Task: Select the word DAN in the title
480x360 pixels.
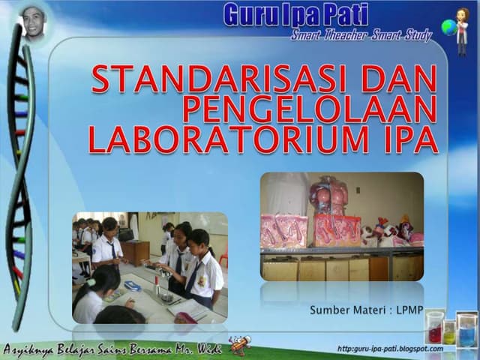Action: (398, 79)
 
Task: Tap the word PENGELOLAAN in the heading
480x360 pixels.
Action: (309, 109)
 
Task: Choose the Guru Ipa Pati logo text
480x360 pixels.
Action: (295, 13)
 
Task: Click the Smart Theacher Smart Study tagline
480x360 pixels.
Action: (361, 36)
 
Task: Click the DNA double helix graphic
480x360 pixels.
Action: (21, 172)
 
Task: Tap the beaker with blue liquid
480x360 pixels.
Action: (466, 330)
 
